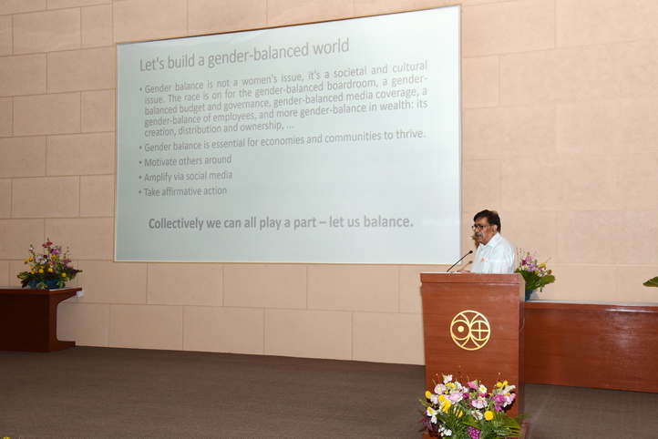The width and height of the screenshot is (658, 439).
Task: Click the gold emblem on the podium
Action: [x=470, y=330]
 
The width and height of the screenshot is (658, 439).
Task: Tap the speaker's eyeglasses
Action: [x=479, y=227]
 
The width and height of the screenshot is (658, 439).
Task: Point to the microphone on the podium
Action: [x=459, y=260]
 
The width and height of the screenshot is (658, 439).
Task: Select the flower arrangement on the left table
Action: [x=49, y=265]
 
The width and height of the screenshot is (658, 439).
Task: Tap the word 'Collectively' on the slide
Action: [x=176, y=223]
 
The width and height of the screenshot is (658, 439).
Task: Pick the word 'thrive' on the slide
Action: [x=408, y=135]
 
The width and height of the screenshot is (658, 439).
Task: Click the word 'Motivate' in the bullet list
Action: [x=161, y=162]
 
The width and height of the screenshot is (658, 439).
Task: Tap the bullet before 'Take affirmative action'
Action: [x=140, y=193]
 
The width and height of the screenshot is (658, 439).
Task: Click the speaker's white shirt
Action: [x=494, y=255]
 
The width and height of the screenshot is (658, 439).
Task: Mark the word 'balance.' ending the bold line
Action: [x=388, y=221]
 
